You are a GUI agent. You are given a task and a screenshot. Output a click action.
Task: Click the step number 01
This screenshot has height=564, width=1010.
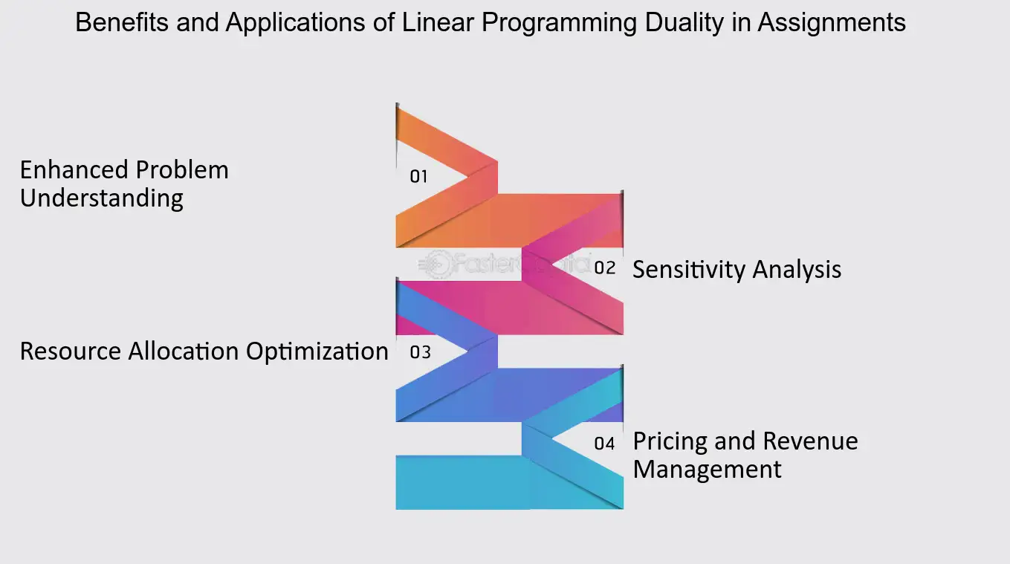418,176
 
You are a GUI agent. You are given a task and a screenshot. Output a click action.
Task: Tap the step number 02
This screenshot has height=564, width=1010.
605,268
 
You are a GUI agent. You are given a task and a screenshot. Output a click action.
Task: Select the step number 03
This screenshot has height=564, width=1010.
420,352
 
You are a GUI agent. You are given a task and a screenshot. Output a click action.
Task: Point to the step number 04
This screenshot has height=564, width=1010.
604,444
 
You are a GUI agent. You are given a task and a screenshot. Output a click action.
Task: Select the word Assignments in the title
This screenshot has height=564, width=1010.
832,23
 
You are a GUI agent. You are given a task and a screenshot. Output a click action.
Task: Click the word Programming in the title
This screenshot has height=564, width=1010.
559,23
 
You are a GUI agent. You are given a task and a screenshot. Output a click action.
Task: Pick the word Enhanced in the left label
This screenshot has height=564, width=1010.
74,170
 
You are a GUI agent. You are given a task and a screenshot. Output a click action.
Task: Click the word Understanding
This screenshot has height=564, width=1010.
102,198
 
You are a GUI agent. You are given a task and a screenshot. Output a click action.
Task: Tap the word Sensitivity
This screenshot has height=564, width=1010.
689,270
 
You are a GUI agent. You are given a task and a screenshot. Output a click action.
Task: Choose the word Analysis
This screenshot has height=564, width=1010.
797,270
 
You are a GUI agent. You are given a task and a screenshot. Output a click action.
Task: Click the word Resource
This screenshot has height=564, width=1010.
71,351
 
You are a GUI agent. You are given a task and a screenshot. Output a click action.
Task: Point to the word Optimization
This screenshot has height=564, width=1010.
317,352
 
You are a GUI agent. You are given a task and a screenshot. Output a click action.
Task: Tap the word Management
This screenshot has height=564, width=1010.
707,470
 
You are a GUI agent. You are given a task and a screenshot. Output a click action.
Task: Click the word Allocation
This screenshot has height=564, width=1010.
184,351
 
